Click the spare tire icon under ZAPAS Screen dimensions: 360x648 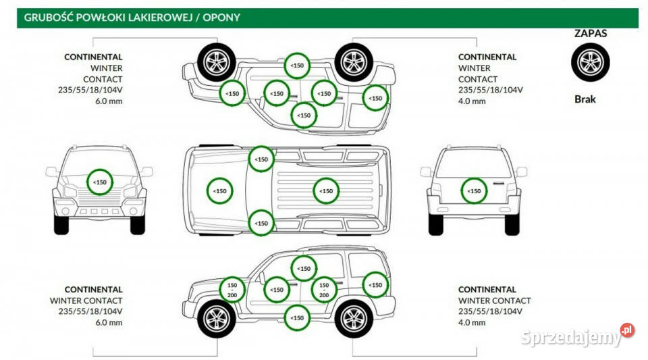(590, 61)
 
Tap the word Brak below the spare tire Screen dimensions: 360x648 (585, 99)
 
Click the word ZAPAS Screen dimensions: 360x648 (591, 33)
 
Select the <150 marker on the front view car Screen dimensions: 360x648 (100, 182)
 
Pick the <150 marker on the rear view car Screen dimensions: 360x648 (475, 191)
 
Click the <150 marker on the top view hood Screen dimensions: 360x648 (220, 191)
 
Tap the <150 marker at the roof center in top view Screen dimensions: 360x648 (326, 191)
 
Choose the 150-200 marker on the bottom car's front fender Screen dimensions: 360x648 (232, 290)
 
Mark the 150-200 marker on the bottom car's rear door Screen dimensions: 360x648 (324, 290)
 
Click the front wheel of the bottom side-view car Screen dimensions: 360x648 (217, 318)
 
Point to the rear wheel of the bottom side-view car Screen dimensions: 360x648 (354, 318)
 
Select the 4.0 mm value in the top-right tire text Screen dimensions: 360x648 (472, 101)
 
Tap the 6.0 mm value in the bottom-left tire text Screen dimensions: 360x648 (109, 322)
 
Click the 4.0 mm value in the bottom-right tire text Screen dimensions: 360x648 (472, 322)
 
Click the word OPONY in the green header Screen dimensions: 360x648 (223, 18)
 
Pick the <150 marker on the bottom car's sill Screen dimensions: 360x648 (296, 317)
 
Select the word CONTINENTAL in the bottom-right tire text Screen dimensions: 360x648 (487, 289)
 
